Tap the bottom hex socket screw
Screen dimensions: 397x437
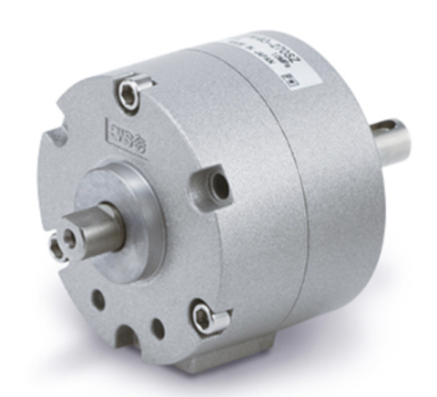tap(203, 317)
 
